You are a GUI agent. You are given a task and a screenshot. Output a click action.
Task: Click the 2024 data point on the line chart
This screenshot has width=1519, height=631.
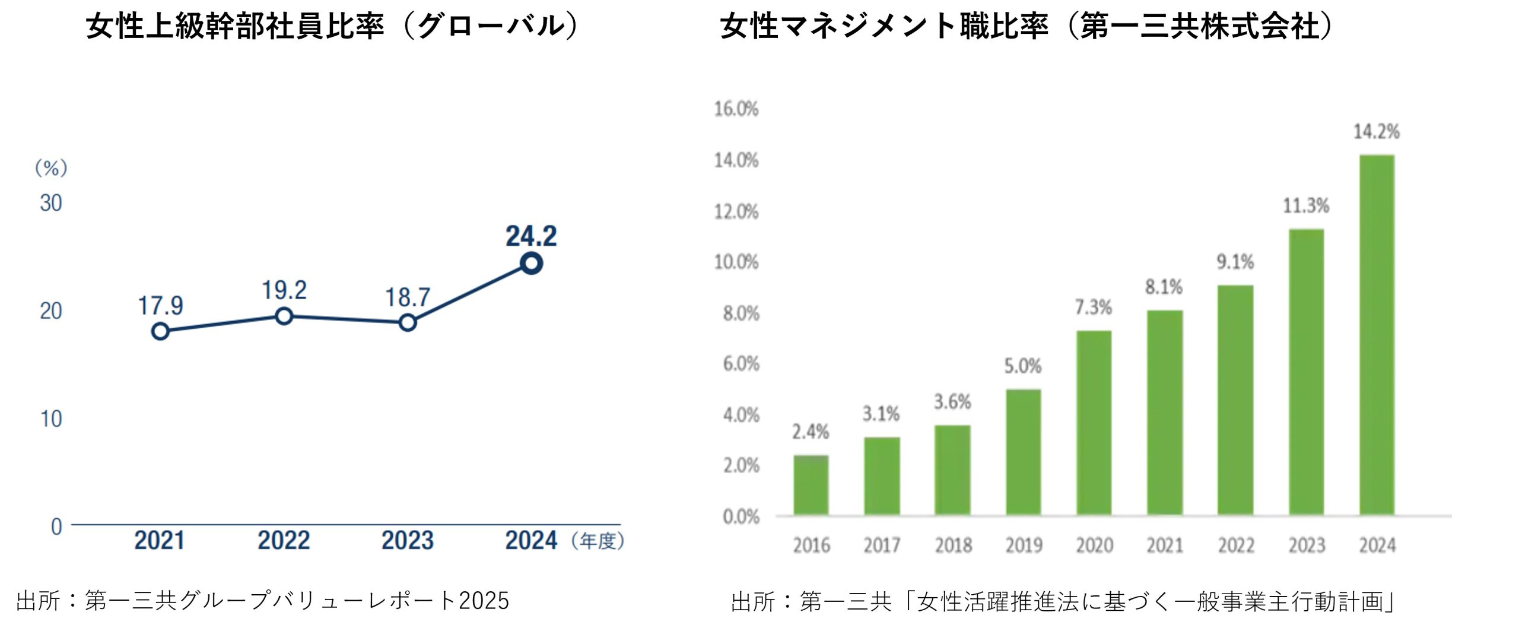click(x=531, y=263)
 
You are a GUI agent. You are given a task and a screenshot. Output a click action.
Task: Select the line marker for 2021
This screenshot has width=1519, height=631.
click(x=160, y=331)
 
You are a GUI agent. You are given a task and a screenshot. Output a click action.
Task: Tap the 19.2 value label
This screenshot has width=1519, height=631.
click(x=284, y=290)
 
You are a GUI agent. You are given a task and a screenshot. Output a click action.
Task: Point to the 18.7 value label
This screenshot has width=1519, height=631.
click(x=407, y=297)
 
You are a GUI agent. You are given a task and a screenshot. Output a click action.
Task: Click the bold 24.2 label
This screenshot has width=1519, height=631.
click(x=531, y=236)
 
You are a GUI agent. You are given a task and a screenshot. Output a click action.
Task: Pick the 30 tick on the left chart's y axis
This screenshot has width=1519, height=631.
click(x=51, y=204)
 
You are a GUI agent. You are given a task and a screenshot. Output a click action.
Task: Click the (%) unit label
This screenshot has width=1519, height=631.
click(x=51, y=169)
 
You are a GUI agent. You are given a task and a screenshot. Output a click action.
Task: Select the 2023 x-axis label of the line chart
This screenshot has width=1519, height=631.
click(x=407, y=541)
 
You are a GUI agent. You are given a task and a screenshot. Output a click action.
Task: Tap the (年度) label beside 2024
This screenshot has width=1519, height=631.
click(x=598, y=541)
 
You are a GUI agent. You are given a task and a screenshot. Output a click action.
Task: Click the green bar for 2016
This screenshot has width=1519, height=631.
click(x=811, y=484)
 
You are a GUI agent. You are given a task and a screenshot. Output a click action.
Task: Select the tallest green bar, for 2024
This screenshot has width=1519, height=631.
click(x=1377, y=335)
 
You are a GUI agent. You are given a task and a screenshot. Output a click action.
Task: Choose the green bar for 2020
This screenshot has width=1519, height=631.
click(x=1094, y=423)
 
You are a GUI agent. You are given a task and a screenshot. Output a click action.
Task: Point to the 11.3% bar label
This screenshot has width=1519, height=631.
click(x=1306, y=206)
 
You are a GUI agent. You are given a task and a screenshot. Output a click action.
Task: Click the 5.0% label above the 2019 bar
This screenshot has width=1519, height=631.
click(x=1022, y=366)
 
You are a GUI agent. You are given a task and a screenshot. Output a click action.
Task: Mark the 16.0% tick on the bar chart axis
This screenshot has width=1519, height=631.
click(x=736, y=109)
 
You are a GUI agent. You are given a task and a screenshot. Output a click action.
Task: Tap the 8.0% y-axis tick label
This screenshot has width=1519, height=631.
click(x=741, y=313)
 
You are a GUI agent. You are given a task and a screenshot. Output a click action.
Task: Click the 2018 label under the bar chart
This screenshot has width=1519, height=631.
click(x=953, y=545)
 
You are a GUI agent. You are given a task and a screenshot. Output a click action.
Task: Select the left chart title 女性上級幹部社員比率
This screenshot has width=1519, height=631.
click(x=235, y=27)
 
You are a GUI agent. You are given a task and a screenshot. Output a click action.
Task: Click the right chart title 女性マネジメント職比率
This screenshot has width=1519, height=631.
click(x=884, y=27)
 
